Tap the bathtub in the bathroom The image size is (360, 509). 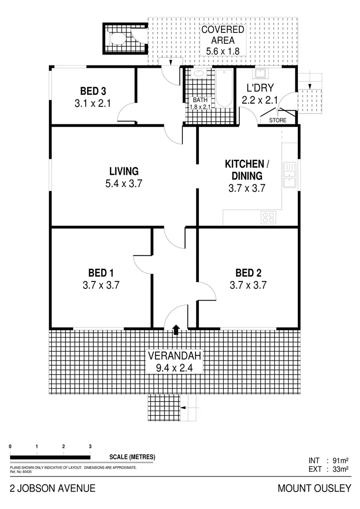tap(223, 89)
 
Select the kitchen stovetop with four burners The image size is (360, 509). tap(269, 217)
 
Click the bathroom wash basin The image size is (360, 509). tap(199, 74)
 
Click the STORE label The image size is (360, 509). tap(278, 121)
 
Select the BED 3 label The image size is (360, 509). tap(92, 91)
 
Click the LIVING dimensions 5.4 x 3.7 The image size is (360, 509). tap(124, 183)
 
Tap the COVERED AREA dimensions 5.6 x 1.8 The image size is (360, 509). tap(223, 50)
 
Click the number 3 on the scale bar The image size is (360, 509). tap(90, 446)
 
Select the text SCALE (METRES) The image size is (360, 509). tap(132, 457)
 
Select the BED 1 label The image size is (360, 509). tap(101, 273)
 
